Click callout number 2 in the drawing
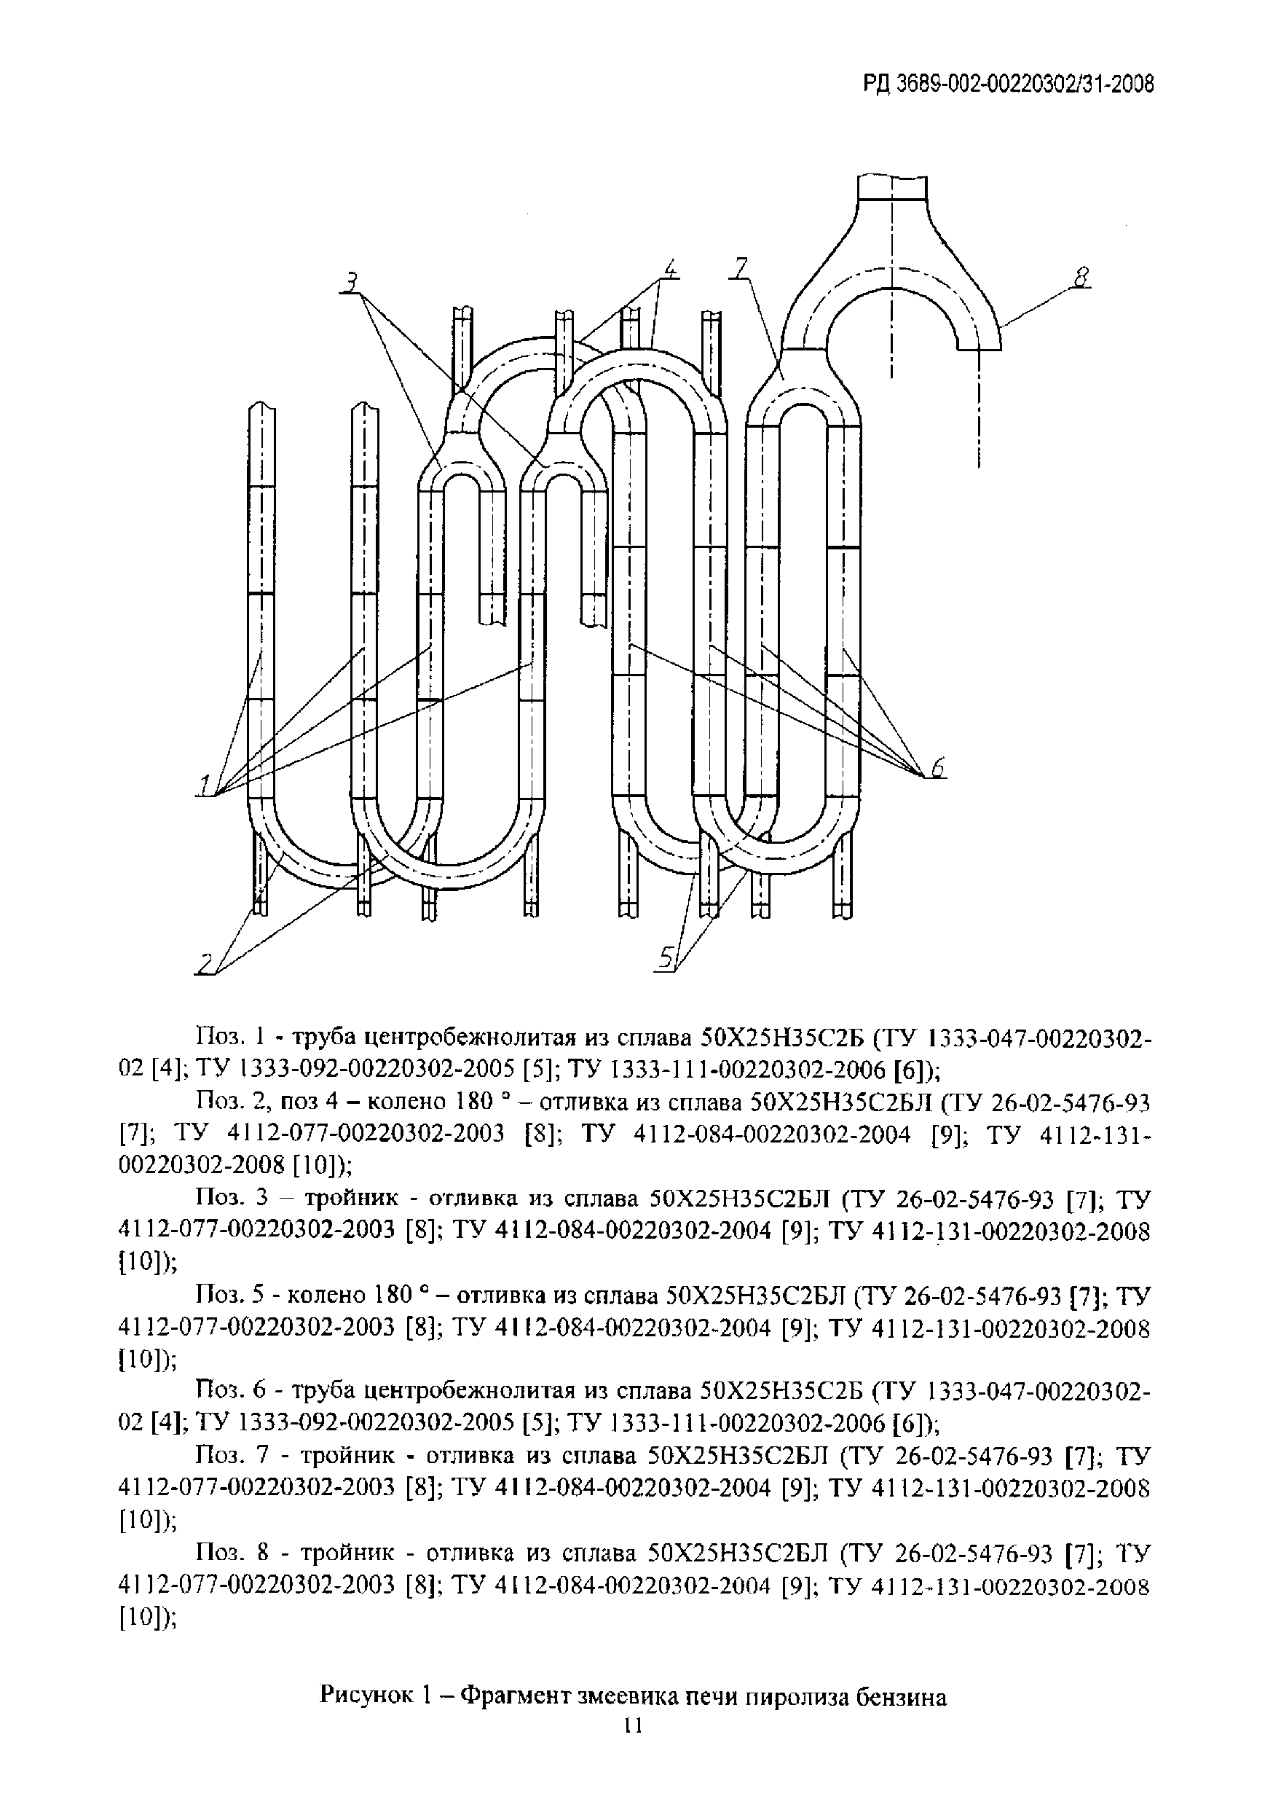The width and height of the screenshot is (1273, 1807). point(205,963)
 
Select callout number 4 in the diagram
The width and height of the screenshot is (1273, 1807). point(669,270)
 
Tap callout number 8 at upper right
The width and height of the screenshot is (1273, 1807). point(1083,278)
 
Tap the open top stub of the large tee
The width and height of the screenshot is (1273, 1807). point(892,187)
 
